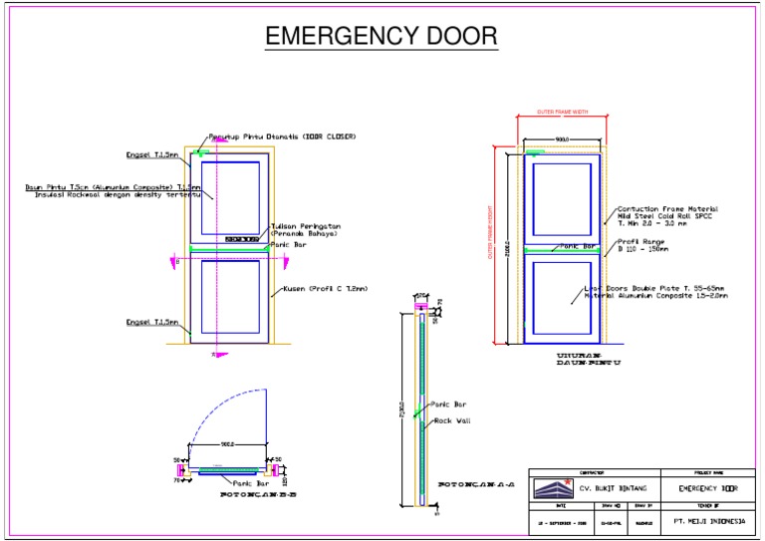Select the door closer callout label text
coord(282,136)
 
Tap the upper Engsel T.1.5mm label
coord(151,155)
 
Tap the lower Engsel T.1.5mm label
coord(151,322)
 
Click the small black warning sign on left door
coord(241,239)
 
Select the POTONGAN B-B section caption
coord(258,494)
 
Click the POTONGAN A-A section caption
coord(476,484)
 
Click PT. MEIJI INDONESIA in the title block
coord(708,519)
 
